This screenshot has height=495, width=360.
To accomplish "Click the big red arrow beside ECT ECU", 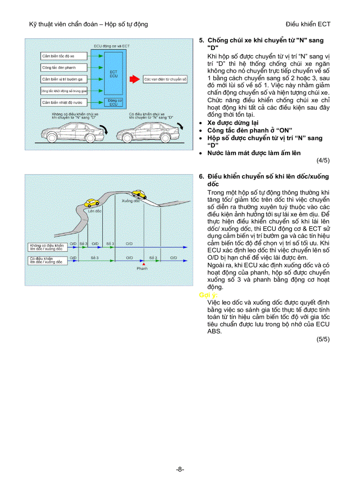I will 134,79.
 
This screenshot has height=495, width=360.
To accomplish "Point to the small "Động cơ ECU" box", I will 113,102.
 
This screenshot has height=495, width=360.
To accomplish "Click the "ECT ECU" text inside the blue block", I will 113,73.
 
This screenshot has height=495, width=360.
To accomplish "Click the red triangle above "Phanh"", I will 142,264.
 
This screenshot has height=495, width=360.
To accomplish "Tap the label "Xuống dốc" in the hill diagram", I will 131,201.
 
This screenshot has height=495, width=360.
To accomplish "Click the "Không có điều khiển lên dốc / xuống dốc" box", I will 47,247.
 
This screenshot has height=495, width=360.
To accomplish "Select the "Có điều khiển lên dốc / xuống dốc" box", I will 47,260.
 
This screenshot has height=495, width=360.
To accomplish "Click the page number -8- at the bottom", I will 180,469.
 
